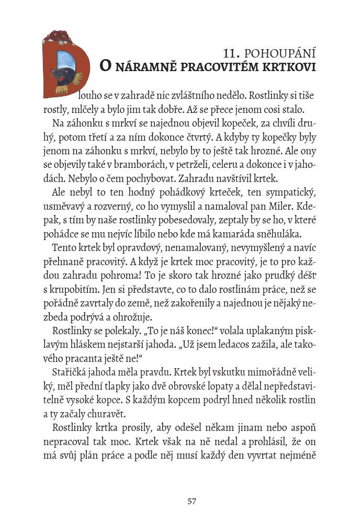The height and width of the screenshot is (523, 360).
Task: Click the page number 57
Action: pos(192,501)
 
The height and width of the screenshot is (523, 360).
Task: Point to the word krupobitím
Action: pos(69,289)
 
